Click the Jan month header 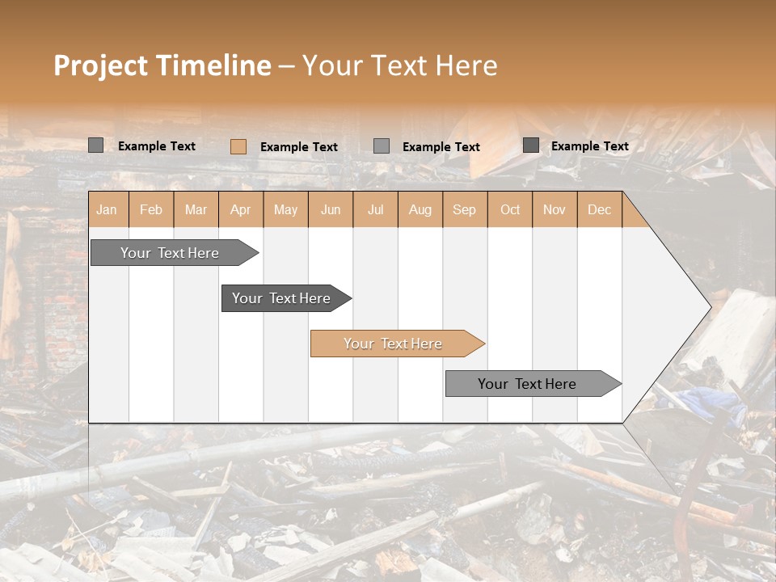click(107, 209)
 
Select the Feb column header click(151, 209)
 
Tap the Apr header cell click(240, 209)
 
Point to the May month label click(285, 209)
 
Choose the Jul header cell click(375, 209)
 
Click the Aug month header click(420, 209)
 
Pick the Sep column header click(464, 209)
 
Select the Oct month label click(510, 209)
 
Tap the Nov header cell click(555, 209)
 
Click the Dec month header click(599, 209)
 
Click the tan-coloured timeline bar click(394, 344)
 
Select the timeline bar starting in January click(171, 253)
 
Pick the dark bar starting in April click(282, 298)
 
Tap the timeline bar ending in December click(528, 384)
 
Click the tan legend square click(238, 146)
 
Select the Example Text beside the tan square click(298, 147)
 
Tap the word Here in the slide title click(466, 65)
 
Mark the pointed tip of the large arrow click(711, 306)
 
